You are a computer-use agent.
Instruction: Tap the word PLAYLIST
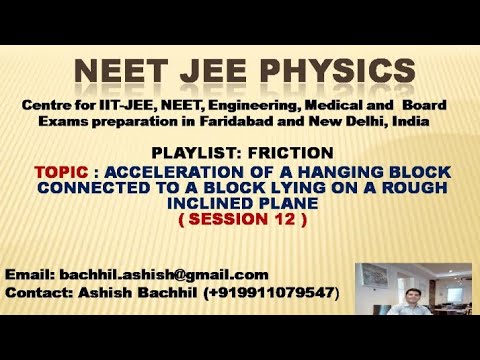pos(188,153)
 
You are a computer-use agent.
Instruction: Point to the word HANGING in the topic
pos(330,172)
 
